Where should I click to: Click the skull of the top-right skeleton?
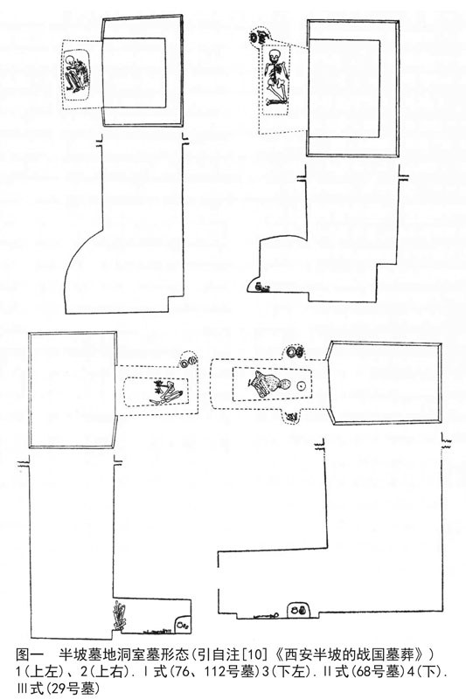(x=275, y=56)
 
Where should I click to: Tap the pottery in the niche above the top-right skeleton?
(x=257, y=38)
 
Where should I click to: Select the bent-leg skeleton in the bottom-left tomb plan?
(x=167, y=391)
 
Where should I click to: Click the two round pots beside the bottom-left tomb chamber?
(x=189, y=363)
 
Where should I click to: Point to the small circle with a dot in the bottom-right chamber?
(x=301, y=385)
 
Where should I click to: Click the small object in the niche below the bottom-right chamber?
(x=292, y=418)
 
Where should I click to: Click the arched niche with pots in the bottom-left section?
(x=183, y=624)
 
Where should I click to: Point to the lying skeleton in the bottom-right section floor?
(x=266, y=616)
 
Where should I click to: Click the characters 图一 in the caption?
(x=29, y=654)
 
